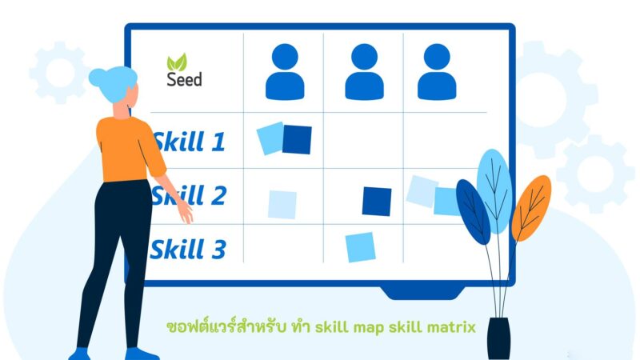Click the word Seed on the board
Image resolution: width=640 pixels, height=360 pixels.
tap(184, 79)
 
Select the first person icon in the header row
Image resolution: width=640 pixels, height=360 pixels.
tap(285, 71)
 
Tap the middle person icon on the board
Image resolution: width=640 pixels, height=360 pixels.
tap(364, 71)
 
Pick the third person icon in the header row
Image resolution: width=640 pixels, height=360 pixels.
tap(437, 71)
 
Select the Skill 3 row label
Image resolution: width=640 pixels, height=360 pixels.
tap(189, 249)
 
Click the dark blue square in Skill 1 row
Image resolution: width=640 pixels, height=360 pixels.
tap(297, 140)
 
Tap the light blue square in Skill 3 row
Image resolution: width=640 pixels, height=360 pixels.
tap(360, 247)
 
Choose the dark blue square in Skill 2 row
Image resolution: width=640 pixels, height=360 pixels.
tap(376, 201)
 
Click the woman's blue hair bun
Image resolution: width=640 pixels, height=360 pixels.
tap(98, 78)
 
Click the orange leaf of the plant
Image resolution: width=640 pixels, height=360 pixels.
tap(531, 207)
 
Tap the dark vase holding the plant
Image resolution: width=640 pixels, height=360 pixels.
tap(498, 338)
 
